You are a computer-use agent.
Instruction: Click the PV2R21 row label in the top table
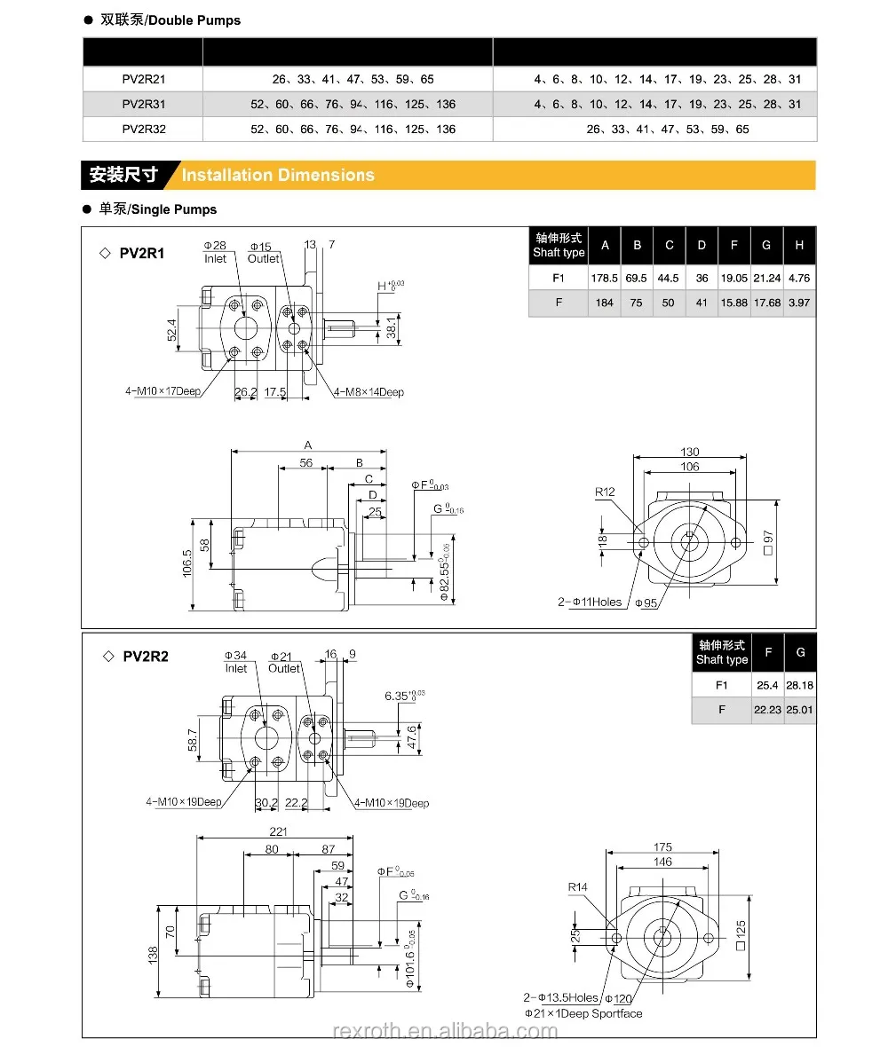tap(144, 79)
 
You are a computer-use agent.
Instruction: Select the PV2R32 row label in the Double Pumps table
tap(144, 129)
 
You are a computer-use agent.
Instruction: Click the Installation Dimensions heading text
tap(278, 175)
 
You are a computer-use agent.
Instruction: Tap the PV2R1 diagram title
tap(142, 253)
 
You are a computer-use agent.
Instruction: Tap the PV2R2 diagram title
tap(145, 657)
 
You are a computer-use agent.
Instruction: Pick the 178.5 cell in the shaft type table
tap(605, 278)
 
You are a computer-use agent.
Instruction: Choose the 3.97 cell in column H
tap(799, 303)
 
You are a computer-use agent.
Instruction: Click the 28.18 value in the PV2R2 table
tap(800, 685)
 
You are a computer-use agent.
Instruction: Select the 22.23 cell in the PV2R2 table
tap(767, 710)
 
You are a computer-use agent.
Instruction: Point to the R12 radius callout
tap(605, 492)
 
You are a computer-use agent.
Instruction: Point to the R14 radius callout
tap(578, 886)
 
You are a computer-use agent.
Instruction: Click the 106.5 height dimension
tap(187, 563)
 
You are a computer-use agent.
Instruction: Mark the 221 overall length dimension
tap(278, 831)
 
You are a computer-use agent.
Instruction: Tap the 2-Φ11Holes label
tap(590, 602)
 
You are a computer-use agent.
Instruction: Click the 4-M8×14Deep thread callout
tap(369, 392)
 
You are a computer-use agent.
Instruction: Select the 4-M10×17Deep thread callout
tap(163, 390)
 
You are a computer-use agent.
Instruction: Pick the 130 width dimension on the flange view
tap(689, 452)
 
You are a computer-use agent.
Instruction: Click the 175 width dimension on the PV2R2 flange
tap(662, 846)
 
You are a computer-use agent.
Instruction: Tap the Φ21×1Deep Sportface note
tap(583, 1013)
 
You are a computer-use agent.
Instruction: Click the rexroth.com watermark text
tap(444, 1031)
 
